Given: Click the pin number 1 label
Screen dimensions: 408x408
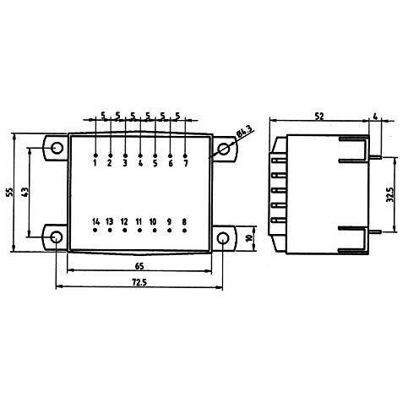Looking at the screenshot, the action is point(95,163).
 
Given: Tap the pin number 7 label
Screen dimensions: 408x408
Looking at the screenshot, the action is point(185,163).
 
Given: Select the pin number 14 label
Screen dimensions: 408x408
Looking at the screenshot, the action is point(96,222).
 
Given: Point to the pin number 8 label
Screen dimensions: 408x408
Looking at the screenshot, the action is point(184,222).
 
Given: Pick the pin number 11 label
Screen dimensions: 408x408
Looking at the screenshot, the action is point(139,222).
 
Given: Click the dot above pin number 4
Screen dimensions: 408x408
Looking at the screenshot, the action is point(140,155).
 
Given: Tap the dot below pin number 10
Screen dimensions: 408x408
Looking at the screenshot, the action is point(155,231).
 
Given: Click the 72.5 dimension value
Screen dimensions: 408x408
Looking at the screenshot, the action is point(139,282).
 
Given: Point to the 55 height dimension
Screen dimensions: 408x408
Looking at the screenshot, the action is point(10,192).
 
